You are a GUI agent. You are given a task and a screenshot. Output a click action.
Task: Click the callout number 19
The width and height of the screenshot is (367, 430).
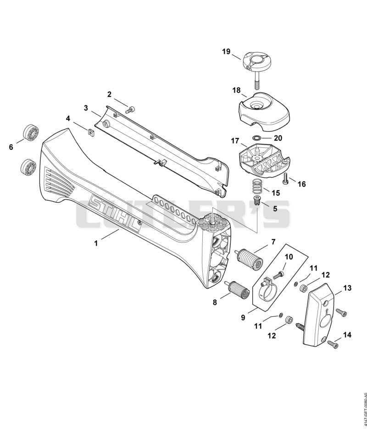(226, 52)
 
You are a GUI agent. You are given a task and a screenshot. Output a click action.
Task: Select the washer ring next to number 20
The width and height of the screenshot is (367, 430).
(257, 137)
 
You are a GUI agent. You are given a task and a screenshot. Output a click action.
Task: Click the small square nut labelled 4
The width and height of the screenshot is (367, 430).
(91, 132)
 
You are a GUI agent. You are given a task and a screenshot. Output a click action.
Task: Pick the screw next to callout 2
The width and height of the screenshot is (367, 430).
(130, 110)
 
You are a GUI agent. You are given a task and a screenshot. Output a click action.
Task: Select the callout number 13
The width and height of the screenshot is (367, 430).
(347, 288)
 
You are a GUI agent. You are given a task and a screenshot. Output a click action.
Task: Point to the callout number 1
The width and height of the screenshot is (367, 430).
(96, 243)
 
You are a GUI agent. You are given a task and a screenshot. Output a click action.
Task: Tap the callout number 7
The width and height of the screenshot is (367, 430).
(273, 242)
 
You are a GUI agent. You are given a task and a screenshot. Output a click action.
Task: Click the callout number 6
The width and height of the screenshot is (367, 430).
(11, 147)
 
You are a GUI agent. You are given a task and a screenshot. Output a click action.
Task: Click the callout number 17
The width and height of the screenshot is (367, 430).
(235, 141)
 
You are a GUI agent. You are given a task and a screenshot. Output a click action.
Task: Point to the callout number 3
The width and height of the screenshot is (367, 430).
(86, 108)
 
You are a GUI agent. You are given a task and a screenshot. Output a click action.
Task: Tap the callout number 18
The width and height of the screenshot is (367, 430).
(237, 90)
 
